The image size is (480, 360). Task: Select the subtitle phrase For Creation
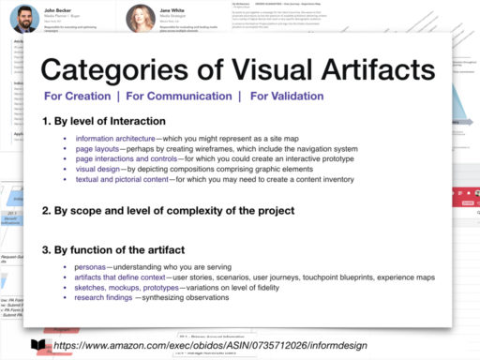(78, 96)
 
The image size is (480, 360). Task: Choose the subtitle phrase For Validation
(286, 96)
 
